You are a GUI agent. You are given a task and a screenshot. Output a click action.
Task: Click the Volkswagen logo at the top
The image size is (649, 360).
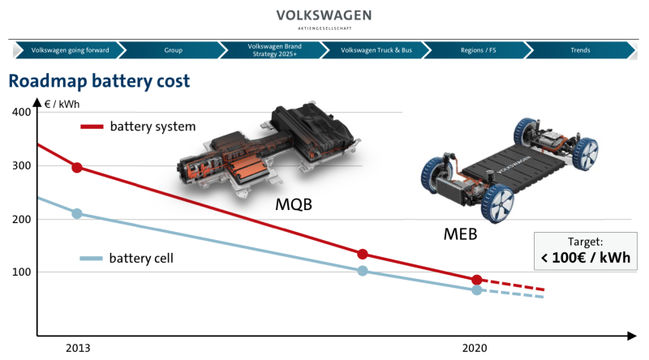[324, 18]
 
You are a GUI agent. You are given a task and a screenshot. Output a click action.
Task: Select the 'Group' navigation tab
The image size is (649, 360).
[173, 50]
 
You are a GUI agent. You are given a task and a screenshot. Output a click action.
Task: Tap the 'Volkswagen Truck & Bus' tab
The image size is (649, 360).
[376, 50]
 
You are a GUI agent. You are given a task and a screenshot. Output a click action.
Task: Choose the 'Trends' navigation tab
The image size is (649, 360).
[580, 50]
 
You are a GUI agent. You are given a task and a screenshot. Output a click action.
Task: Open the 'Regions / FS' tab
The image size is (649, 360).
[478, 50]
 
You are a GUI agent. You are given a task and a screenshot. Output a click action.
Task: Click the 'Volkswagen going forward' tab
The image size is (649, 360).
[70, 50]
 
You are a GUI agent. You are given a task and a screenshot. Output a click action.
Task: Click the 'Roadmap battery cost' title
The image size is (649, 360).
[99, 81]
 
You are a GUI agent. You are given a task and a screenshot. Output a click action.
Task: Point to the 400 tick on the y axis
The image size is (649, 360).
[22, 112]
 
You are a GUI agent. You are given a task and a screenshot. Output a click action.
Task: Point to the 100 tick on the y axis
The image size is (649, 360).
[22, 272]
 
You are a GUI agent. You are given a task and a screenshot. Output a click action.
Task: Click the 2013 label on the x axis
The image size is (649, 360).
[78, 348]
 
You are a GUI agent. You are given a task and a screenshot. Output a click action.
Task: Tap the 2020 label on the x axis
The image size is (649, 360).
[475, 348]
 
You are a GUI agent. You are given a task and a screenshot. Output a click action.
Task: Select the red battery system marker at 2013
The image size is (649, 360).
[77, 168]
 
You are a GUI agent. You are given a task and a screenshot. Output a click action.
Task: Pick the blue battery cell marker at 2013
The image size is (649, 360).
[77, 213]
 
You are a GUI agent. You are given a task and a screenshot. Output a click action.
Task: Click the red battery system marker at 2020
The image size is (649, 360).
[477, 280]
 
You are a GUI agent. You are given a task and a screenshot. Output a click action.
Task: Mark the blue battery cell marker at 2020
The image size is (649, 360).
[477, 290]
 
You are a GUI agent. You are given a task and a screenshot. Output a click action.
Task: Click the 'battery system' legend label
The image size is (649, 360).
[153, 126]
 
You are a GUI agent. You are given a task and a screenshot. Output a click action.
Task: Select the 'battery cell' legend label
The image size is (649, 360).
[141, 258]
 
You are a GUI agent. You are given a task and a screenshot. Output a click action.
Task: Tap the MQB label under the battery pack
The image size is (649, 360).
[294, 204]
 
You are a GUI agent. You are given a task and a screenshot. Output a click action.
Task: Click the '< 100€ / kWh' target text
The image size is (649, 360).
[586, 257]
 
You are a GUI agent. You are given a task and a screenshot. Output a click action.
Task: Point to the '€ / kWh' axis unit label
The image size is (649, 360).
[62, 104]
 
